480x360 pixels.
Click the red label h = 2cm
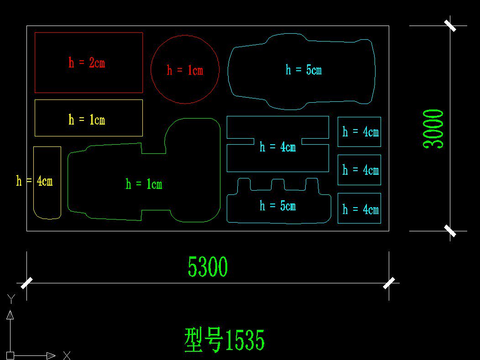coord(87,63)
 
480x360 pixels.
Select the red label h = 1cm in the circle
coord(185,70)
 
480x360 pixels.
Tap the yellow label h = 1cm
coord(87,120)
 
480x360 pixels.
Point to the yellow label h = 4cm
coord(35,181)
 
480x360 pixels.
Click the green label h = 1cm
coord(144,184)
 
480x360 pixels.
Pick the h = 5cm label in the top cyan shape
coord(303,70)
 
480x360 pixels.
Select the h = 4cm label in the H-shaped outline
coord(277,146)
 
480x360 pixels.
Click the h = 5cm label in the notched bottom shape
coord(277,206)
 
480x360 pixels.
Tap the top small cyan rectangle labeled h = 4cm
coord(360,132)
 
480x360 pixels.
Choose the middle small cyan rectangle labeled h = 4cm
coord(360,170)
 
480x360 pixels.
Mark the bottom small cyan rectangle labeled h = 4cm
coord(360,209)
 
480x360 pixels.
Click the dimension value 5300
coord(208,267)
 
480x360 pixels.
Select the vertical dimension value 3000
coord(433,128)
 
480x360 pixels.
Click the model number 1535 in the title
coord(245,340)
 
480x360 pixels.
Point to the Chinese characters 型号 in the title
coord(203,340)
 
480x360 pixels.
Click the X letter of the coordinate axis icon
coord(67,355)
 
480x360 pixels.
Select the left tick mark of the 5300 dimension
coord(27,283)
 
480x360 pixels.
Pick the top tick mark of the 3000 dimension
coord(450,26)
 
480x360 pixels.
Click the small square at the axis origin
coord(10,355)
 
